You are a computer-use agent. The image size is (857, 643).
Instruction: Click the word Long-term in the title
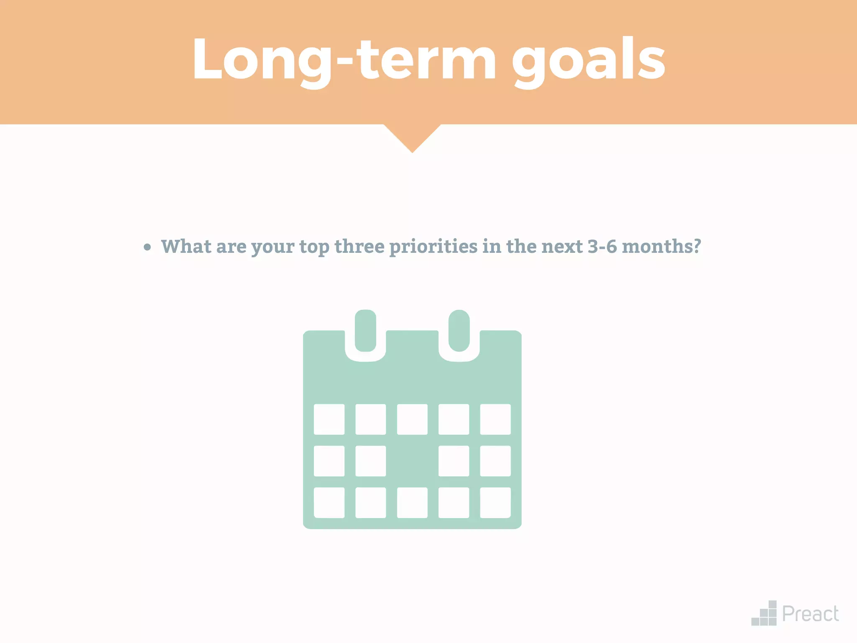click(x=343, y=60)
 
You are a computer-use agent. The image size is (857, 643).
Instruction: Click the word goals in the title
click(x=588, y=60)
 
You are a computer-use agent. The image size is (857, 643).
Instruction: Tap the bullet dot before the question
click(x=147, y=247)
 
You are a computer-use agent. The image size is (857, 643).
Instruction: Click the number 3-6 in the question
click(x=602, y=246)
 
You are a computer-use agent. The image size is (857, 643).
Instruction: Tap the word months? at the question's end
click(x=661, y=246)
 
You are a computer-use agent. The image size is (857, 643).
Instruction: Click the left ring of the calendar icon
click(x=365, y=331)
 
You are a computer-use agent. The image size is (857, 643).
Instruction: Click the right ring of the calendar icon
click(x=459, y=331)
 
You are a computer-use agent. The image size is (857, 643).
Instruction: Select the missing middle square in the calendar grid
click(x=412, y=461)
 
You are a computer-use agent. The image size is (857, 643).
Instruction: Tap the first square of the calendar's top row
click(x=329, y=419)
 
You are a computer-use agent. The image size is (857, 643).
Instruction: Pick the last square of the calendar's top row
click(x=495, y=419)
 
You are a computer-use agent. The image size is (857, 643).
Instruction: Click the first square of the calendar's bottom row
click(x=329, y=502)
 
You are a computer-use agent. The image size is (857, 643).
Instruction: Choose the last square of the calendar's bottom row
click(x=495, y=502)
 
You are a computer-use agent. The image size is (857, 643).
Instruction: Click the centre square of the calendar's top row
click(x=412, y=419)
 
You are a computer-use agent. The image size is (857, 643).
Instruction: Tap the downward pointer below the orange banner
click(x=412, y=136)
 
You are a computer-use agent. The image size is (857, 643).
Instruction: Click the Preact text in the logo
click(x=810, y=614)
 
